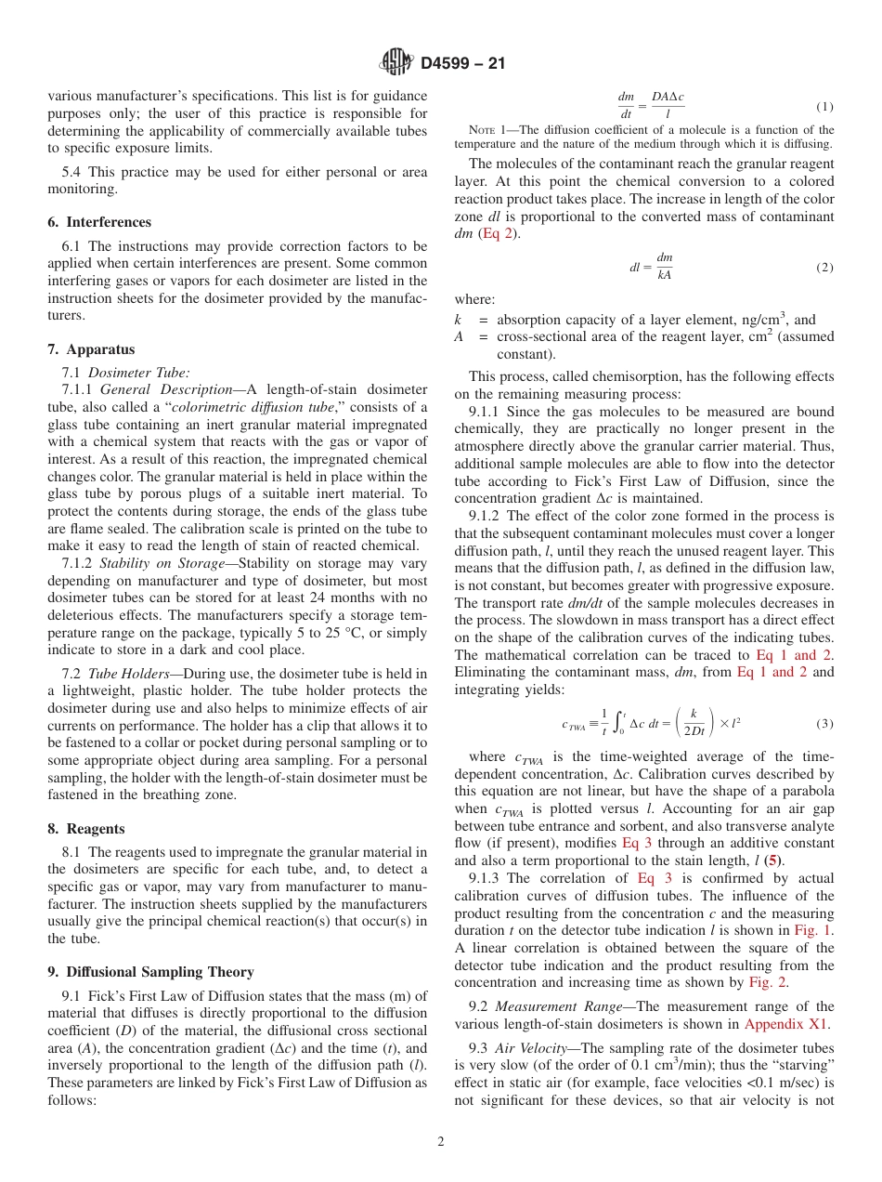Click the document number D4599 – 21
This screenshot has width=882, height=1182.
pos(462,64)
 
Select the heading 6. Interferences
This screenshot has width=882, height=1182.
pos(99,222)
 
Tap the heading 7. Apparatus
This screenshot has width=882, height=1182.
pos(91,349)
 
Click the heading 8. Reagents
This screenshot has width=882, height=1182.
pos(86,828)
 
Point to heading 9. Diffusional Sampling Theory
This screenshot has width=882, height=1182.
pos(150,972)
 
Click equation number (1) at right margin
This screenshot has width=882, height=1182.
pos(824,107)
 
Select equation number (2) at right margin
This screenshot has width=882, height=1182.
pos(824,268)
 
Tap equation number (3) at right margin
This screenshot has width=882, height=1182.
pos(824,723)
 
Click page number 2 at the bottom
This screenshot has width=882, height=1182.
pos(441,1142)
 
